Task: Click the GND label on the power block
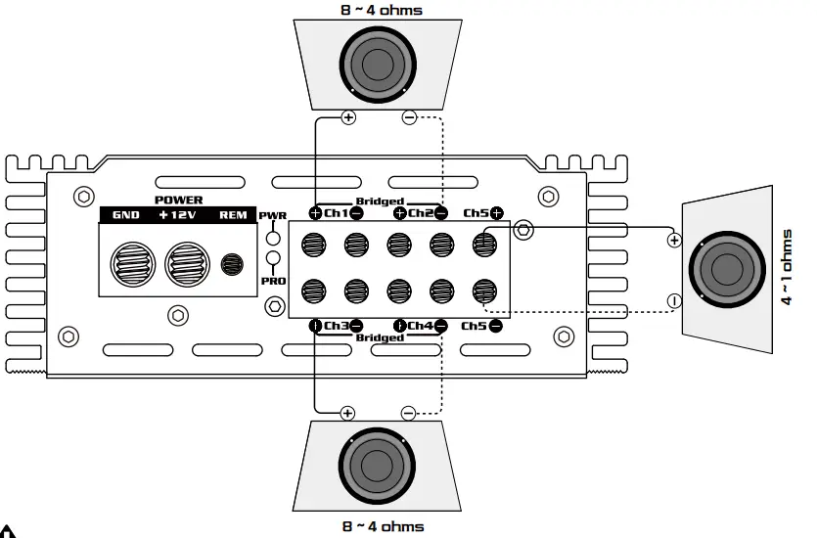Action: [126, 215]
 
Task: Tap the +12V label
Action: [178, 215]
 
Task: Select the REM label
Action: [233, 215]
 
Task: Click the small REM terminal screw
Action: [232, 263]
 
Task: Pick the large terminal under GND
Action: [131, 263]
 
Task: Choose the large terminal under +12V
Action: [186, 263]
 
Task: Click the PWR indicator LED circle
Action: [273, 237]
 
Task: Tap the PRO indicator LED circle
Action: [273, 259]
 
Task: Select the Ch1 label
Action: [336, 212]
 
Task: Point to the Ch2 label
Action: [420, 212]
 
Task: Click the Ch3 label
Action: [336, 325]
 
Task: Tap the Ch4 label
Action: [420, 325]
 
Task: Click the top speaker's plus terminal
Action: [348, 118]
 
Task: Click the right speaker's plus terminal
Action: [673, 240]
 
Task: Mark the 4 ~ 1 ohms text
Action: [788, 268]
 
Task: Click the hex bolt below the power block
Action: [177, 315]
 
